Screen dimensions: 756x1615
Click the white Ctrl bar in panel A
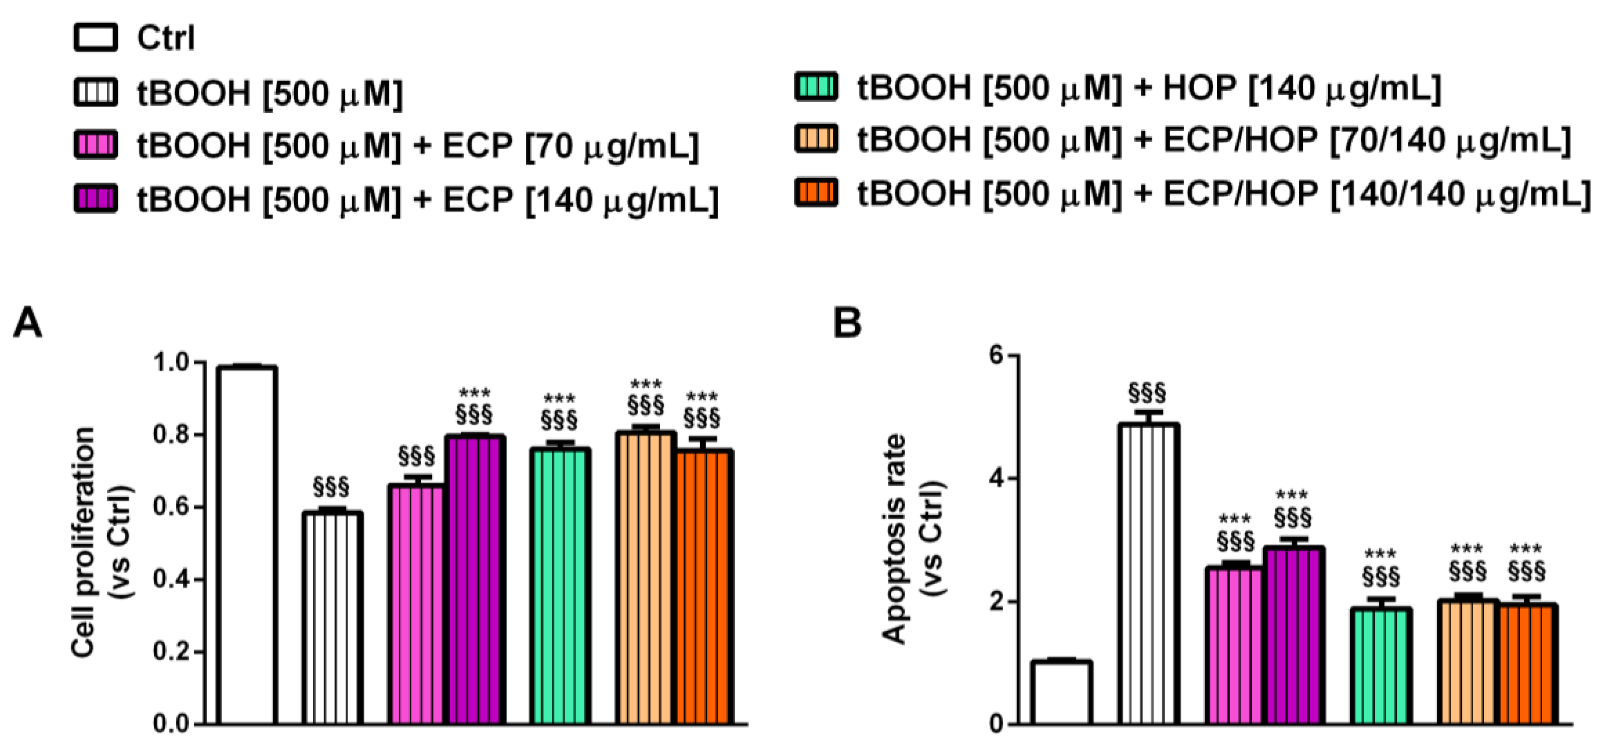(x=247, y=546)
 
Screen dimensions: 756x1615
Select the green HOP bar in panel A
(x=560, y=586)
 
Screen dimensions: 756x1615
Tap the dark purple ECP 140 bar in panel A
(x=476, y=580)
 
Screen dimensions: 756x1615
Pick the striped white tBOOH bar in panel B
(x=1149, y=574)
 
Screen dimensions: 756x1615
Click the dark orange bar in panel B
(x=1528, y=664)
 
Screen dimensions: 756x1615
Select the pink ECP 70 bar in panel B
(x=1234, y=646)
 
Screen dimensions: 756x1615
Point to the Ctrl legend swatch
(x=95, y=38)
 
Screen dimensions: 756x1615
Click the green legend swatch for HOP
(x=816, y=87)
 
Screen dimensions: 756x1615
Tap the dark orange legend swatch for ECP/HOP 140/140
(x=816, y=192)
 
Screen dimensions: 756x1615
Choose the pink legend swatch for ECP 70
(x=95, y=145)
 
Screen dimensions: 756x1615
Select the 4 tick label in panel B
(x=997, y=479)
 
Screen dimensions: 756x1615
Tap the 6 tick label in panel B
(x=997, y=355)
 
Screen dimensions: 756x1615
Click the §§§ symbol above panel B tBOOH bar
(x=1147, y=393)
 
